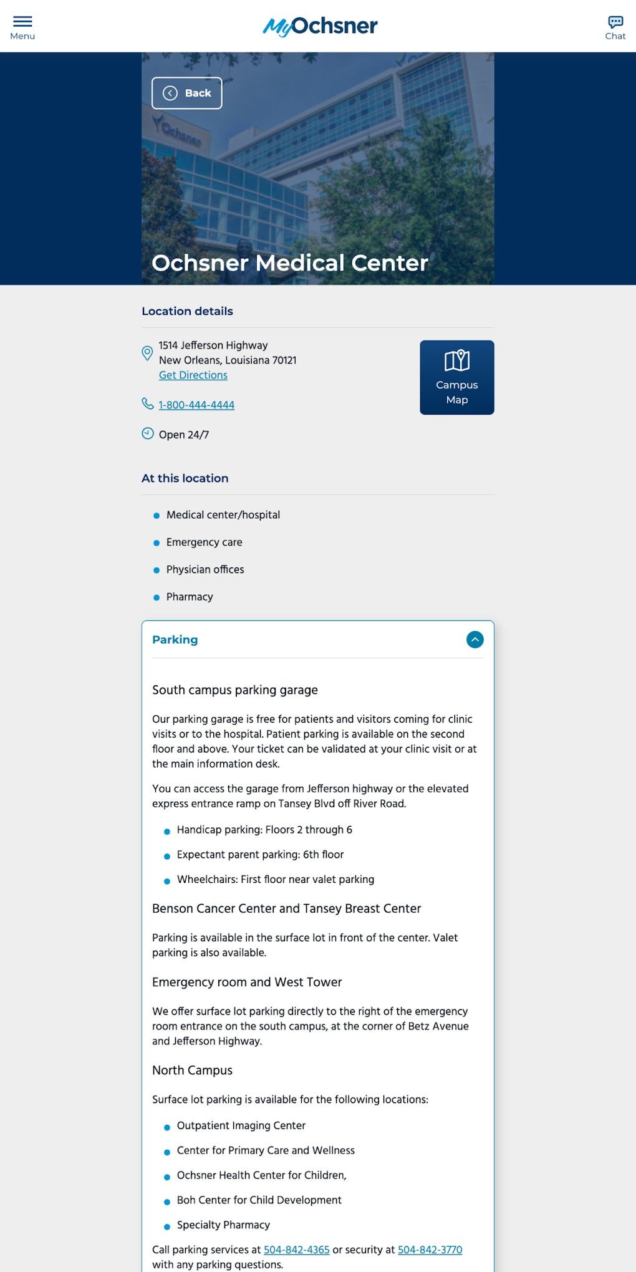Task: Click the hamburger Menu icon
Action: [x=22, y=22]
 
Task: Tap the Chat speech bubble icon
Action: [x=615, y=22]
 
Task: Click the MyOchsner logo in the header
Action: [x=320, y=26]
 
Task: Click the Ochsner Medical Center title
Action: [x=290, y=263]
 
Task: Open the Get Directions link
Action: [x=193, y=375]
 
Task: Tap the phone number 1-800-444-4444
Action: [x=196, y=405]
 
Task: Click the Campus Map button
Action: [x=457, y=377]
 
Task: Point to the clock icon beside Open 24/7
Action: [x=148, y=433]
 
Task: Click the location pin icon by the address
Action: [x=148, y=354]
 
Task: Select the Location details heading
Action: [x=187, y=311]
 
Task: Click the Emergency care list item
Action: [x=204, y=542]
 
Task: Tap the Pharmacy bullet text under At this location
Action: [x=190, y=597]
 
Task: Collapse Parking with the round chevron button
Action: [x=475, y=640]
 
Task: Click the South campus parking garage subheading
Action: [x=235, y=690]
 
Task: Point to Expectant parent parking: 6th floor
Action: [x=260, y=855]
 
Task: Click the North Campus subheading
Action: [x=192, y=1071]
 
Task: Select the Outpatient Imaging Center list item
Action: [x=241, y=1125]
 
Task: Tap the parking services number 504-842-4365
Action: [x=297, y=1250]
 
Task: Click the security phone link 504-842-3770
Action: [x=430, y=1250]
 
